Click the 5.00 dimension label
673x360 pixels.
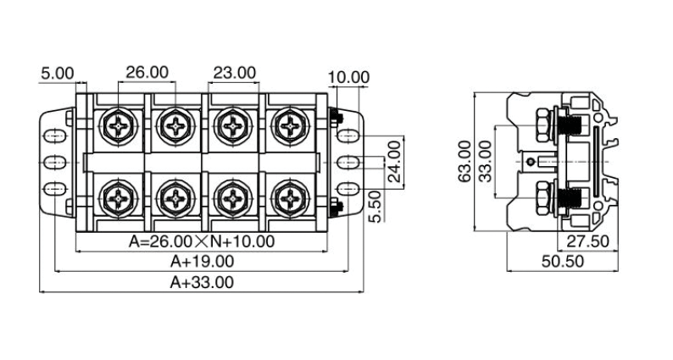58,74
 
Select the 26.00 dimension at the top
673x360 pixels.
147,73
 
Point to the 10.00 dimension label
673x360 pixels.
348,77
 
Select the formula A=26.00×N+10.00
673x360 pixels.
202,241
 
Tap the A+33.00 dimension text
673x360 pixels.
202,282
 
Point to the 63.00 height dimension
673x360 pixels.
463,162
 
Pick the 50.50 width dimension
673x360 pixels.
562,262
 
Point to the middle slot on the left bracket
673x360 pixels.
54,162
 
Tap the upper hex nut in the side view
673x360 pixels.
540,125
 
